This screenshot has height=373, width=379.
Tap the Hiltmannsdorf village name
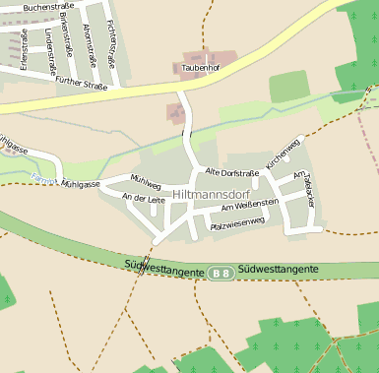tap(212, 196)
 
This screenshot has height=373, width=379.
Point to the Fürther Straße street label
tap(82, 83)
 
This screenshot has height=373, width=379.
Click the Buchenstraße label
tap(48, 6)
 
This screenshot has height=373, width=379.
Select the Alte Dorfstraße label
tap(231, 172)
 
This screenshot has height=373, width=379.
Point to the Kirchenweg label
tap(283, 154)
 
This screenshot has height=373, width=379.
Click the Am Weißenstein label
tap(250, 205)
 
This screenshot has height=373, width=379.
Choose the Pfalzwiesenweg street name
tap(237, 223)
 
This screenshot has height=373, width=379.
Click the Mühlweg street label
tap(145, 182)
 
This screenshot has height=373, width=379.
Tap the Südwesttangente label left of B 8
tap(165, 268)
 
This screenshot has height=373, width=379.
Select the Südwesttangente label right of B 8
tap(278, 268)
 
